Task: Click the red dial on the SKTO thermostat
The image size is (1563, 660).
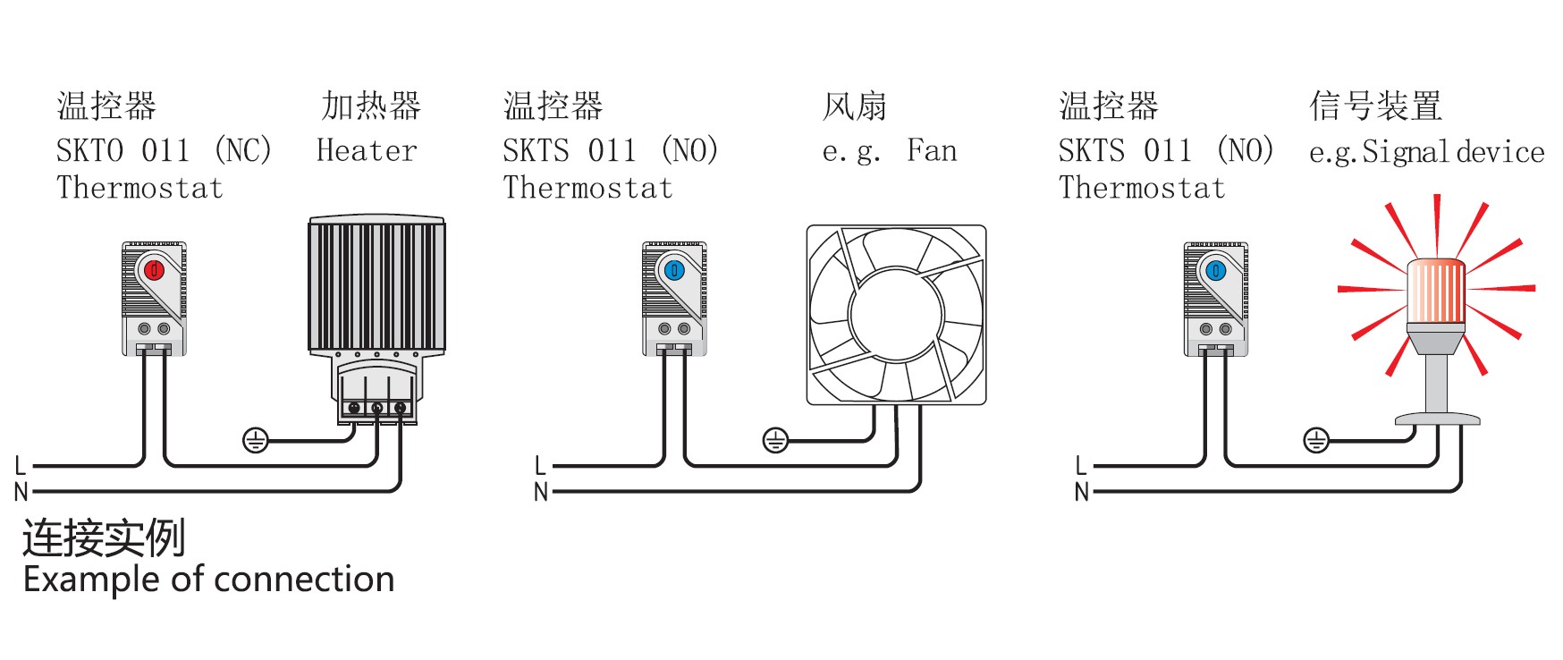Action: (x=154, y=269)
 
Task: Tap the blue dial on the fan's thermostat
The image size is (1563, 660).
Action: (x=674, y=269)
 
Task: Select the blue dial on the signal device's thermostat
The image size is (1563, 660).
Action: (x=1215, y=269)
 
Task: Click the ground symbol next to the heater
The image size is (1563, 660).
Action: (x=256, y=440)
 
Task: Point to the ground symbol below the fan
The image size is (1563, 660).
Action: (x=775, y=440)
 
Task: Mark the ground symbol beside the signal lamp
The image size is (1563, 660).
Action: (x=1316, y=440)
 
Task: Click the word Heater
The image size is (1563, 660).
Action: (x=367, y=150)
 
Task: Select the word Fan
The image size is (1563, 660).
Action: (x=932, y=150)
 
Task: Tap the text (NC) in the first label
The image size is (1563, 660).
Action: (x=243, y=150)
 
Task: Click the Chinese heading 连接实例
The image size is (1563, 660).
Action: (x=104, y=538)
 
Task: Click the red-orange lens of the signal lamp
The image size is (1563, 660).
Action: (x=1437, y=293)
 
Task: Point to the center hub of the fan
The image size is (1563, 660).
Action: (x=896, y=314)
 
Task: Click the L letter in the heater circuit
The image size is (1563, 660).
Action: (x=21, y=465)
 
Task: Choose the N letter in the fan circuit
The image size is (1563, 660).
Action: (x=540, y=492)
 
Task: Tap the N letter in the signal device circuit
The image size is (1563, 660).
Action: (x=1081, y=492)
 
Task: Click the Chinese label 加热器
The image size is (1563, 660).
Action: (x=371, y=106)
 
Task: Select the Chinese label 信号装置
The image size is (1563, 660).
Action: (x=1376, y=106)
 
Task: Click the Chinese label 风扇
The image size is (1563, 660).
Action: (x=855, y=106)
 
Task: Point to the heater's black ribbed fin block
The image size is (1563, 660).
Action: (x=376, y=286)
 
